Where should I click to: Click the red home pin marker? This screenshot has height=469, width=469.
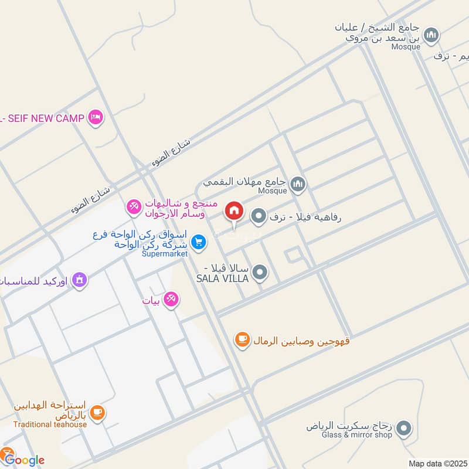click(234, 211)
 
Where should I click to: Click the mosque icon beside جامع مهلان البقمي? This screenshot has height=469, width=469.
click(298, 185)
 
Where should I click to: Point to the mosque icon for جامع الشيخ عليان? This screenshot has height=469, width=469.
click(431, 36)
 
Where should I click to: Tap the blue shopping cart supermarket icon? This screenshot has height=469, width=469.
click(199, 242)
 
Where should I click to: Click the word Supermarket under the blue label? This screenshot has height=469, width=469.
click(165, 254)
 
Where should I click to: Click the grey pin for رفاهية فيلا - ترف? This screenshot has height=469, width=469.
click(258, 217)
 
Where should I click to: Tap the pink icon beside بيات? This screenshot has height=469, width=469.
click(171, 300)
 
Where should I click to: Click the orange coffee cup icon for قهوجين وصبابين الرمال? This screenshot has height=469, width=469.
click(242, 339)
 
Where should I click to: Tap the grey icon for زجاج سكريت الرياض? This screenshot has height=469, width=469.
click(403, 430)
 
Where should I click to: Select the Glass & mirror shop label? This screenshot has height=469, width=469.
click(356, 434)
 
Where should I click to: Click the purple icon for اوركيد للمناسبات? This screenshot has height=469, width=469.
click(80, 280)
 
